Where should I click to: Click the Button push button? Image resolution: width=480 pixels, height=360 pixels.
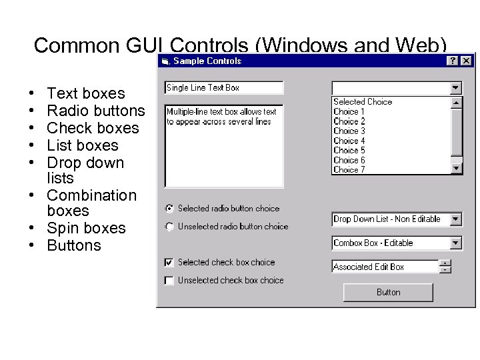pos(388,292)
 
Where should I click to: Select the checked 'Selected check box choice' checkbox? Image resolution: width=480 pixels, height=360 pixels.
pos(169,263)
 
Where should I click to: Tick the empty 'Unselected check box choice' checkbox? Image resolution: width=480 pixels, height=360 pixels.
pos(169,281)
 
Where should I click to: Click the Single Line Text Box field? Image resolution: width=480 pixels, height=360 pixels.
pos(223,87)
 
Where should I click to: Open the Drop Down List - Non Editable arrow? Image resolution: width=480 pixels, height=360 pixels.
pos(455,219)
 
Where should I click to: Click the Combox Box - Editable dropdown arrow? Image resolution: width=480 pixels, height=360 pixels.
pos(455,243)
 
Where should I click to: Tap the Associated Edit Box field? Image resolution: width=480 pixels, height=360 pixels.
pos(385,267)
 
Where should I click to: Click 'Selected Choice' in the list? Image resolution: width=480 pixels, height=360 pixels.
pos(363,102)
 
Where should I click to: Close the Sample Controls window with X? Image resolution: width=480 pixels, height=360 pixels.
pos(465,61)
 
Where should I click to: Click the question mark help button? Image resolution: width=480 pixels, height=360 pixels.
pos(453,61)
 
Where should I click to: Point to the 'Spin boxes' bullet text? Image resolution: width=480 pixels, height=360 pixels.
pos(86,228)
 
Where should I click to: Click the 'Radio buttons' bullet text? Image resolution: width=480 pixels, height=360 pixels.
pos(96,111)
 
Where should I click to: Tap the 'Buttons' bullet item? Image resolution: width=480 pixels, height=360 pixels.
pos(74,245)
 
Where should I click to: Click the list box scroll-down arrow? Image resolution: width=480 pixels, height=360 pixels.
pos(456,169)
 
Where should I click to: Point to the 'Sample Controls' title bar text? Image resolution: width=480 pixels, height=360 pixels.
pos(207,61)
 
